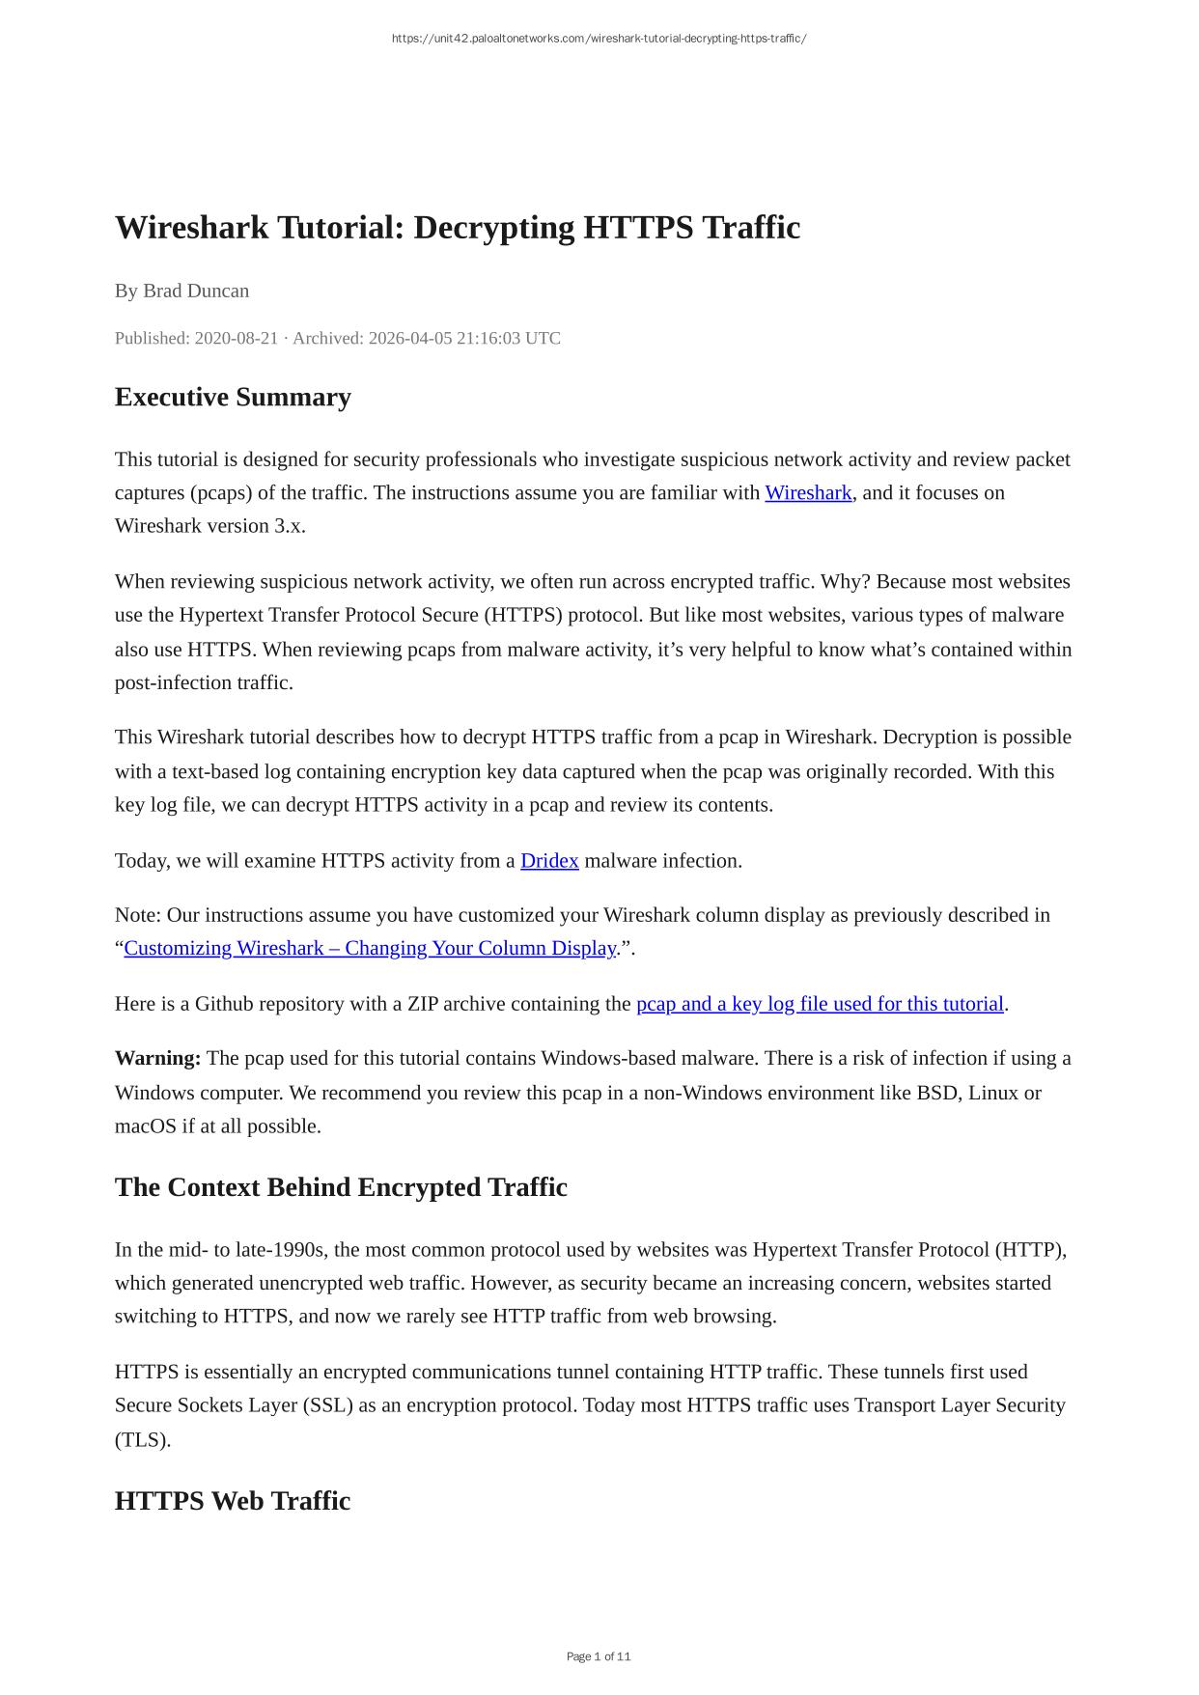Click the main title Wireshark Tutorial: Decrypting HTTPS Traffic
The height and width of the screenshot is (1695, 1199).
point(458,228)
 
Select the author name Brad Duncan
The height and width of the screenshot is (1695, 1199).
point(196,291)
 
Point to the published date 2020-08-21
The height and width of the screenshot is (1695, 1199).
point(236,338)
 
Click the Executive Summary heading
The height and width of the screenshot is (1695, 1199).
point(233,397)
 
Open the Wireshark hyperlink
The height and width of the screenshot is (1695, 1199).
point(808,492)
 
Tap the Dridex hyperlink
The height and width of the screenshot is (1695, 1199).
point(549,860)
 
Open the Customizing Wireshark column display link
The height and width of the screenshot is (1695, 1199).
point(370,948)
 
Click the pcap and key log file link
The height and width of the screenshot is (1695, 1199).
point(820,1004)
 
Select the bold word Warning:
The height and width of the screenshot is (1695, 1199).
point(157,1058)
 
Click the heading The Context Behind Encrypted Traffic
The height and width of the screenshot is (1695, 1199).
point(341,1187)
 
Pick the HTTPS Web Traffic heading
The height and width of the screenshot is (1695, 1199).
point(233,1501)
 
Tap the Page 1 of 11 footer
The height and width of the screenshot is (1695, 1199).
point(599,1656)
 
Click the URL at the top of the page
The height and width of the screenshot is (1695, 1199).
point(599,39)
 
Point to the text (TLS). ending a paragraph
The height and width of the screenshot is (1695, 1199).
point(143,1439)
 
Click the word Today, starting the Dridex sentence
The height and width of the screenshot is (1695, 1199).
point(143,860)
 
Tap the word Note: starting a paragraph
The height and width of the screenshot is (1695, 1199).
point(138,914)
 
